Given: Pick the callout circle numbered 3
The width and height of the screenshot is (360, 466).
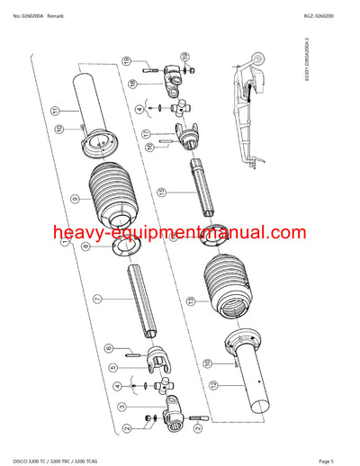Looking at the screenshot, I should point(123,407).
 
